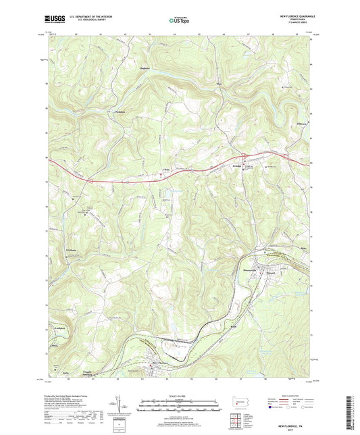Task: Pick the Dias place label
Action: click(218, 84)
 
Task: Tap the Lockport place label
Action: click(59, 329)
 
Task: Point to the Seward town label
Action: click(270, 265)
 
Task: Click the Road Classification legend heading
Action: click(294, 395)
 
